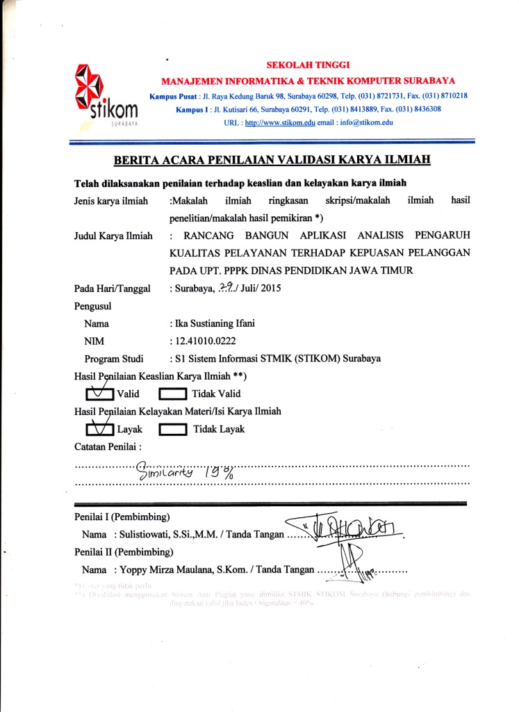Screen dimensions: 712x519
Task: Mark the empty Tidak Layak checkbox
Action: (x=172, y=429)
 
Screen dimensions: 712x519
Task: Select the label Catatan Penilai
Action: (x=108, y=446)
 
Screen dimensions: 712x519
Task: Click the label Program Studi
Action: (x=113, y=359)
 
